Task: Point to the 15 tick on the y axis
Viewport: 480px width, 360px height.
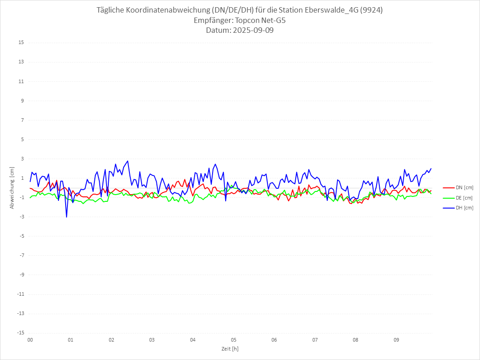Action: point(21,43)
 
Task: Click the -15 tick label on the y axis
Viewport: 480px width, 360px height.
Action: point(20,333)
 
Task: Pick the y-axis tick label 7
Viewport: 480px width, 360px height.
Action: point(22,120)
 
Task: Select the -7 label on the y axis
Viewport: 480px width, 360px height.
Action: point(21,255)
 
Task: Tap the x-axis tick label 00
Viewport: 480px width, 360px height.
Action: point(30,340)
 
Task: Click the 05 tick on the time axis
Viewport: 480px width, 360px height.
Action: point(234,340)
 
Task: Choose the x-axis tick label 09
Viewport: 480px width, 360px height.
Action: point(396,340)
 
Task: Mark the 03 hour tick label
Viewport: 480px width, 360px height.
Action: point(152,340)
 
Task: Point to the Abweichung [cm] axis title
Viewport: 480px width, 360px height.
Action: point(12,187)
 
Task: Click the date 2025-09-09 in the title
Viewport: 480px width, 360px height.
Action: point(240,31)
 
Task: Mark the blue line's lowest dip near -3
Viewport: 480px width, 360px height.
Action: point(67,217)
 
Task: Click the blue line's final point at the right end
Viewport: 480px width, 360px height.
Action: point(431,169)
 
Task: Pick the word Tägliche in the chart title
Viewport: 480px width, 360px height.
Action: point(111,10)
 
